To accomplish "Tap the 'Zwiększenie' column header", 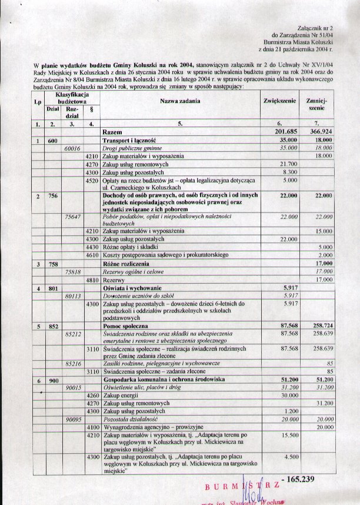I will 279,102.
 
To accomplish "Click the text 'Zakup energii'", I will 121,395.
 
